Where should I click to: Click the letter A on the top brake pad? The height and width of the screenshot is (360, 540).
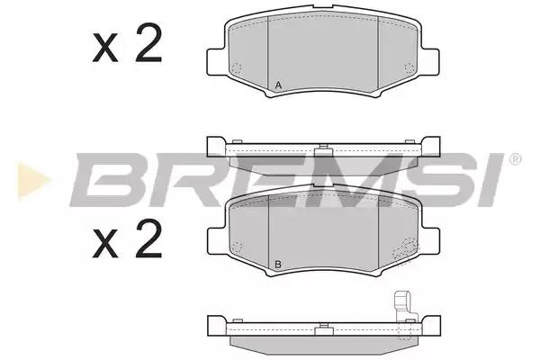[279, 85]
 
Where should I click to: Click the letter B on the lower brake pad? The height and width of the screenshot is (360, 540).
[278, 265]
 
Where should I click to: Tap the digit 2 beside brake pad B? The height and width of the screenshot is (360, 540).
[148, 238]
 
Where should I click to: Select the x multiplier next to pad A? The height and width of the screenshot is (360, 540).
[105, 49]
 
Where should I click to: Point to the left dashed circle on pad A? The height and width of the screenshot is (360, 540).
[237, 68]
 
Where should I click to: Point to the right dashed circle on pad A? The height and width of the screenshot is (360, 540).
[409, 68]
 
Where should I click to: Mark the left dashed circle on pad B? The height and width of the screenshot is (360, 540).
[237, 247]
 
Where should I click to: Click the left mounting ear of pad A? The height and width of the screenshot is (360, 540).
[216, 62]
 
